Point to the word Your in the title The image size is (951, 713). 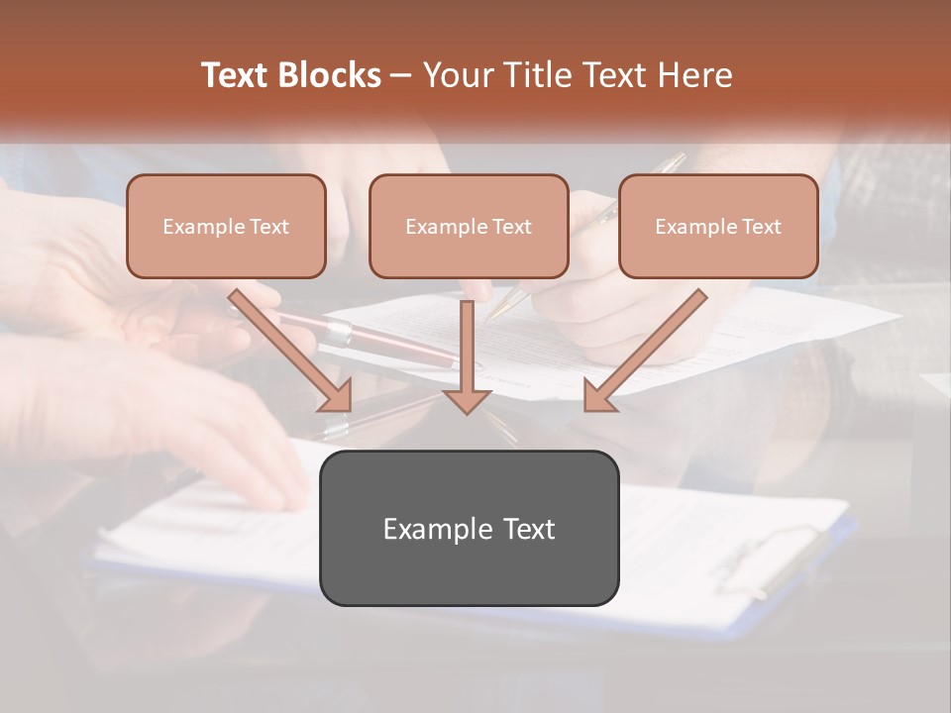click(x=454, y=75)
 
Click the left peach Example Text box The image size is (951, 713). click(x=226, y=227)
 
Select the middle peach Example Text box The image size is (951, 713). click(x=469, y=227)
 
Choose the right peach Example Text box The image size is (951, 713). click(x=718, y=227)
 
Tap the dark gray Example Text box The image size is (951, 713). click(x=469, y=528)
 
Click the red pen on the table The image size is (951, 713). click(x=386, y=342)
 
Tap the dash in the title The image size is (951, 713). click(x=401, y=75)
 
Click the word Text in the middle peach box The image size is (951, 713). click(x=511, y=227)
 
